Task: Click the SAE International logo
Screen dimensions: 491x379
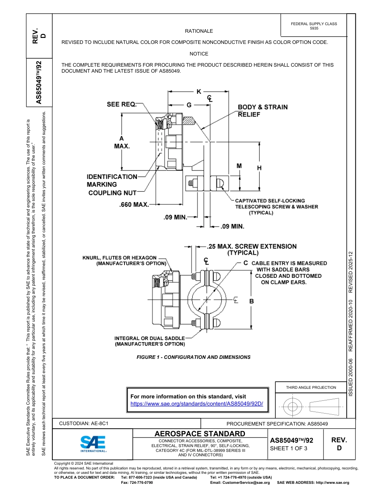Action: pyautogui.click(x=93, y=443)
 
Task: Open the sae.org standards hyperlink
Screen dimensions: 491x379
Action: pyautogui.click(x=197, y=404)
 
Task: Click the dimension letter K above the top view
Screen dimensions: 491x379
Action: pyautogui.click(x=199, y=92)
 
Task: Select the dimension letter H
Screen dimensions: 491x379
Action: pyautogui.click(x=259, y=168)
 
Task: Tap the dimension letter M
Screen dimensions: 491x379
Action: pyautogui.click(x=239, y=166)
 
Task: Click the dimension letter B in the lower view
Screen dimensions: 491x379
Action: pyautogui.click(x=251, y=301)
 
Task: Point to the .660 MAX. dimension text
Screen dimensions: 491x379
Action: pyautogui.click(x=134, y=205)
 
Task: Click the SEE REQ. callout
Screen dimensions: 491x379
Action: pyautogui.click(x=121, y=105)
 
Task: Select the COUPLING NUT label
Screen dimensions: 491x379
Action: pyautogui.click(x=112, y=193)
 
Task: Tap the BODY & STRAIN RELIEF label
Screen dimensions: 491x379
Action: pyautogui.click(x=263, y=111)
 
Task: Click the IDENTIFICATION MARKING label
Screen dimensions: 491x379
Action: pyautogui.click(x=112, y=180)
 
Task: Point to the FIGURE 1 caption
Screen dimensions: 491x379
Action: pyautogui.click(x=193, y=357)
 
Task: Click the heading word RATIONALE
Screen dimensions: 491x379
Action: pyautogui.click(x=199, y=31)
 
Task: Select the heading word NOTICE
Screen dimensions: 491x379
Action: pyautogui.click(x=199, y=53)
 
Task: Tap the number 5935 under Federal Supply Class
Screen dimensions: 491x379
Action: pyautogui.click(x=314, y=28)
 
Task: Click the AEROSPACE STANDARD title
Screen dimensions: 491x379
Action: pyautogui.click(x=200, y=434)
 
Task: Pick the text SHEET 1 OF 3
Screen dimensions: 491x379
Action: pyautogui.click(x=289, y=448)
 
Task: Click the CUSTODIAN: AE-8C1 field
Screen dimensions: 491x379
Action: pyautogui.click(x=84, y=423)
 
